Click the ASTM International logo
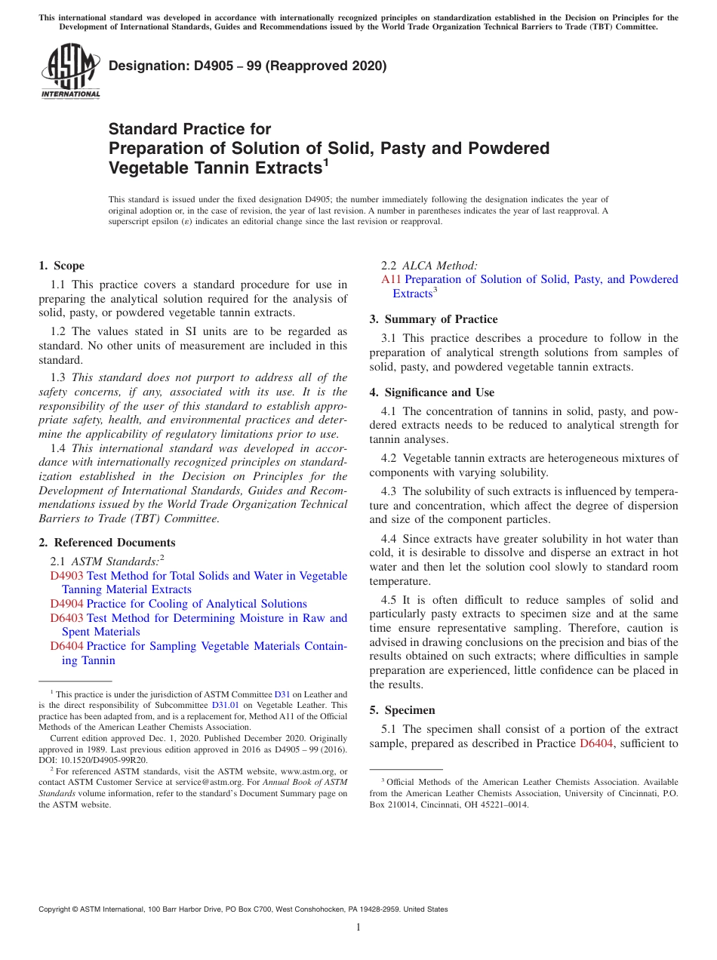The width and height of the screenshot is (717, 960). [x=70, y=72]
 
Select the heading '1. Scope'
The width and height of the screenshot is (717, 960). [x=61, y=266]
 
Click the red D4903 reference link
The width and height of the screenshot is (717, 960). [x=66, y=576]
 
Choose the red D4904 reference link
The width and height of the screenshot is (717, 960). [x=66, y=604]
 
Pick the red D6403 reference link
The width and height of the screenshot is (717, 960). [x=66, y=618]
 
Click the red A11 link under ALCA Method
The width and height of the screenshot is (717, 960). [x=391, y=279]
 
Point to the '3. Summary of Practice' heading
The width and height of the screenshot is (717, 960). [x=433, y=319]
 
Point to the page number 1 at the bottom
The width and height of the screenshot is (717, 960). [x=358, y=928]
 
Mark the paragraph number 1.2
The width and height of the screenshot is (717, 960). [x=58, y=331]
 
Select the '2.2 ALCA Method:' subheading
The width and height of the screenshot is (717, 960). [x=429, y=265]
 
